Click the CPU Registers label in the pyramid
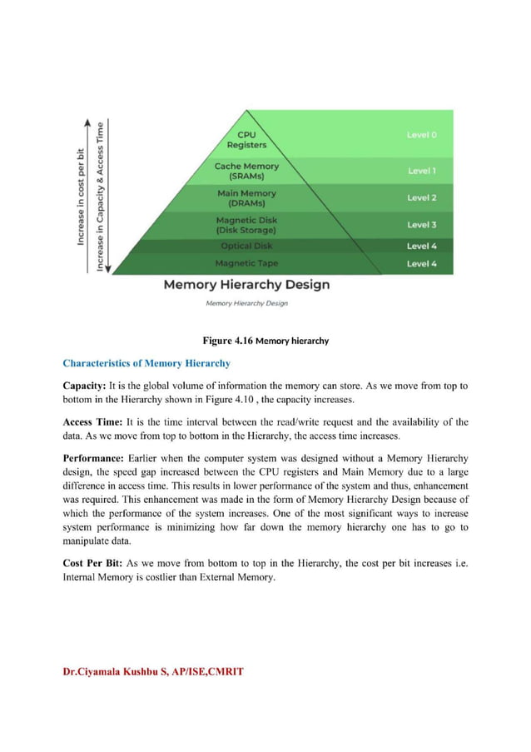[246, 139]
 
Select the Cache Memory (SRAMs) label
[246, 171]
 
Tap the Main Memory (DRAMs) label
[246, 198]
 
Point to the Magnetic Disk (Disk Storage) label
[246, 225]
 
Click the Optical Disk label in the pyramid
[246, 246]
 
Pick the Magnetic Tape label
[246, 263]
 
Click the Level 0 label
[421, 134]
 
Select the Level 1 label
[421, 171]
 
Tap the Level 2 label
[421, 198]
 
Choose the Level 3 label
[421, 225]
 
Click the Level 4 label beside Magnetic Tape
[421, 263]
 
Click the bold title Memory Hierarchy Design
[246, 285]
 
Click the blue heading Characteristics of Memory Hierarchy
[146, 363]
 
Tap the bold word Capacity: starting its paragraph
[90, 386]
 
